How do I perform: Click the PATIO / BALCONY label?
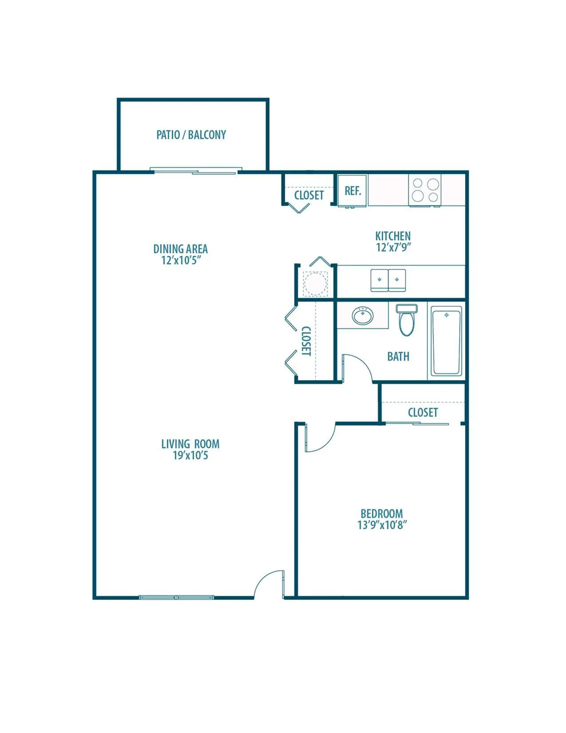click(x=191, y=135)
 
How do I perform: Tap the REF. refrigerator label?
click(x=352, y=191)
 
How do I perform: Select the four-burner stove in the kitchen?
click(x=424, y=190)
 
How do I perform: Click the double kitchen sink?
click(x=388, y=280)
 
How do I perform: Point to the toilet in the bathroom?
click(x=407, y=320)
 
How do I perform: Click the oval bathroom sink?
click(x=363, y=316)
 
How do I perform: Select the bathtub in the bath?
click(x=447, y=340)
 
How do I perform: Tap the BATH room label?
click(x=398, y=357)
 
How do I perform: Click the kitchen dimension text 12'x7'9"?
click(x=393, y=247)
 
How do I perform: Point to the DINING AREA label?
click(x=180, y=249)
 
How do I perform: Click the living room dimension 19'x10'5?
click(x=190, y=455)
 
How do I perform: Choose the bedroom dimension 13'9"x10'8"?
click(x=382, y=525)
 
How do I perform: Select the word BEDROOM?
click(x=382, y=514)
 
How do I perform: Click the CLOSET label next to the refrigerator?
click(x=309, y=195)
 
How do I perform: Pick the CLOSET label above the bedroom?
click(x=423, y=412)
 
